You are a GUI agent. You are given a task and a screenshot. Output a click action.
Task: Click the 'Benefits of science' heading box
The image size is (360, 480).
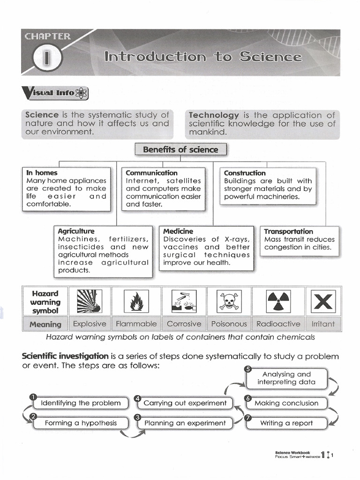coord(180,150)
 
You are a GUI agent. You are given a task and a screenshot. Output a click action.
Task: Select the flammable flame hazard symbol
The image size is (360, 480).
coord(136,301)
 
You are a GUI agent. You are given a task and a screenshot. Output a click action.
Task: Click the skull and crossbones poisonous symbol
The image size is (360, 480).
coord(229,301)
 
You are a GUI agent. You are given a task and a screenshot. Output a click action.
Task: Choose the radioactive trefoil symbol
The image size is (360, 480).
coord(278,301)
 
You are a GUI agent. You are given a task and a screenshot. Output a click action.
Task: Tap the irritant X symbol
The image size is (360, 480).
coord(323,301)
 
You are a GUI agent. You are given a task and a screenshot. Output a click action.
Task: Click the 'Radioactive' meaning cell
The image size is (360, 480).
coord(277,324)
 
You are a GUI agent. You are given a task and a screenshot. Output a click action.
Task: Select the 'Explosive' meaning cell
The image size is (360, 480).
coord(90,324)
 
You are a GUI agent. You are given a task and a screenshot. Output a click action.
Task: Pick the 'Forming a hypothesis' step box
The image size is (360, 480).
coord(81,423)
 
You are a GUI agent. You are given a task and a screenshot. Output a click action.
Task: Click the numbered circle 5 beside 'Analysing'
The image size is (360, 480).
coord(248,368)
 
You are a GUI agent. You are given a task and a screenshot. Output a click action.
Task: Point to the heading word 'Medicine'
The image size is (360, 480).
coord(178,232)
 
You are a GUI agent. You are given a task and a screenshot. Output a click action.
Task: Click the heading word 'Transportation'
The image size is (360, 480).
coord(288,232)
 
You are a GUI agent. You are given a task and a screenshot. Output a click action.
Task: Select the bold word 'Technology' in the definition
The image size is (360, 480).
coord(213,115)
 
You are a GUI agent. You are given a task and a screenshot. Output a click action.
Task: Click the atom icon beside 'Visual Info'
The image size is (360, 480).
coord(82,93)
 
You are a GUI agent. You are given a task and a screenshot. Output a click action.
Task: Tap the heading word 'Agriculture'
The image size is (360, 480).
coord(76,232)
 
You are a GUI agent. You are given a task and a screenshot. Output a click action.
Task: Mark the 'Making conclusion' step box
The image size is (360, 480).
coord(286,403)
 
